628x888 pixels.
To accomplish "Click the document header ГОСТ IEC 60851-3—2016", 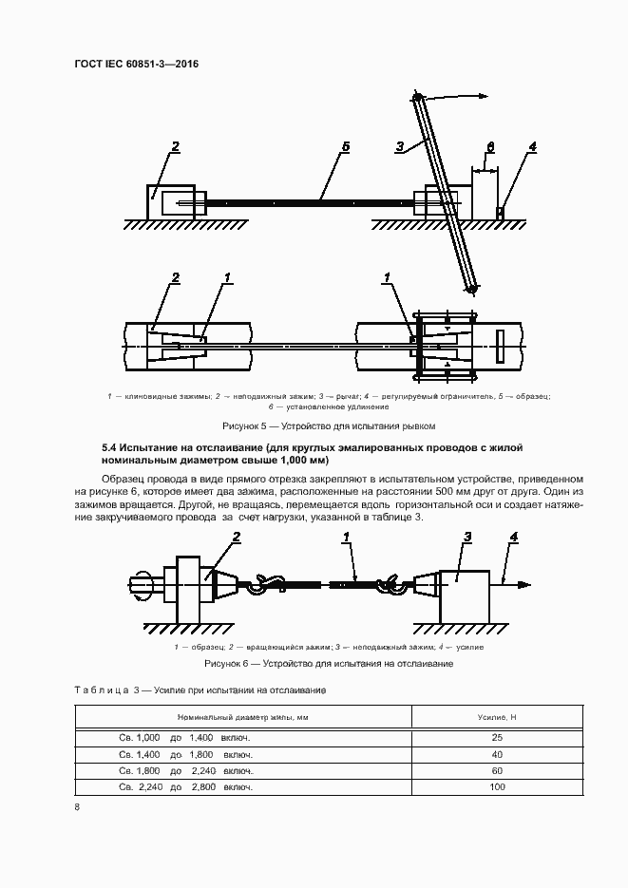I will point(136,65).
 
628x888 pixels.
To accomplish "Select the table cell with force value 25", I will point(497,737).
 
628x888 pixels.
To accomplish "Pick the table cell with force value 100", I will point(497,787).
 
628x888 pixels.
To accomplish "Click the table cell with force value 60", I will point(497,771).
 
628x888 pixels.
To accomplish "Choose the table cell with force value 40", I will point(497,754).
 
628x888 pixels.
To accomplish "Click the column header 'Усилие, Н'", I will point(497,716).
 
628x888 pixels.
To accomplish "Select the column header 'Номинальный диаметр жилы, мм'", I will point(242,716).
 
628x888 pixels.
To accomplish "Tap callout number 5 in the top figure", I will point(346,147).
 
